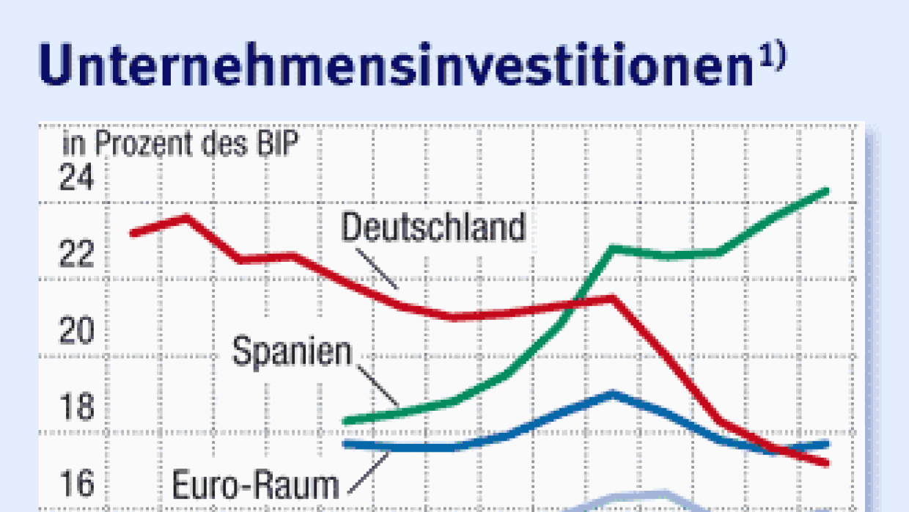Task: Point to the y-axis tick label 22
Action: [x=77, y=254]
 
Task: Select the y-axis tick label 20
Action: [x=77, y=331]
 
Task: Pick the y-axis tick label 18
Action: [x=77, y=408]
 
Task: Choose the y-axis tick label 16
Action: [x=77, y=484]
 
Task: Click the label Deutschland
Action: [x=434, y=227]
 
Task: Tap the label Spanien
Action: [x=292, y=352]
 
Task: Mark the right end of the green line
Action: [x=826, y=191]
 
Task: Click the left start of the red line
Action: [x=133, y=233]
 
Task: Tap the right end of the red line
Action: [x=826, y=463]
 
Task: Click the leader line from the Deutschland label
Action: [x=377, y=268]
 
